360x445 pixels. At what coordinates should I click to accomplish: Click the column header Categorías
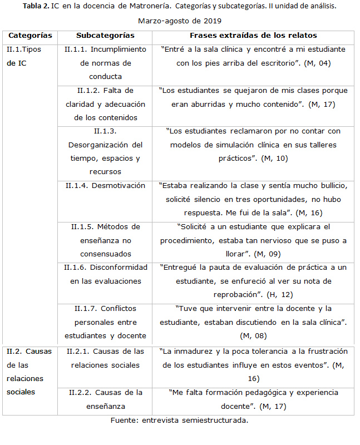click(31, 35)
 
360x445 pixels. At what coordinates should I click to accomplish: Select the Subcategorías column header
click(105, 35)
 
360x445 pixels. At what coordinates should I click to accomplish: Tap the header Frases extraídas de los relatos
click(253, 35)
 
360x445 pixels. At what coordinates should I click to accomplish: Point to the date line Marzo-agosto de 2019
click(179, 21)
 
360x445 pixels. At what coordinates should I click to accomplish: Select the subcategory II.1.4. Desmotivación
click(105, 185)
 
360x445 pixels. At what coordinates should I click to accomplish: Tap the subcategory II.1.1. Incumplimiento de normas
click(105, 63)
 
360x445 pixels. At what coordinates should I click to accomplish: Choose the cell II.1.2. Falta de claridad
click(105, 104)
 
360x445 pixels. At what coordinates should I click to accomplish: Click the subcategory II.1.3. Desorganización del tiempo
click(105, 151)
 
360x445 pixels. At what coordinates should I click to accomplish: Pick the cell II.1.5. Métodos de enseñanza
click(105, 240)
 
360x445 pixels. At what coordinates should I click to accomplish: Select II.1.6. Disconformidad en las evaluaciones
click(105, 274)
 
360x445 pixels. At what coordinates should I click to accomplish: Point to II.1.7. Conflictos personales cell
click(105, 322)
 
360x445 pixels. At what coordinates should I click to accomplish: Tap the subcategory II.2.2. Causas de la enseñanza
click(105, 399)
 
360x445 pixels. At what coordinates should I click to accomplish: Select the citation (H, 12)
click(280, 295)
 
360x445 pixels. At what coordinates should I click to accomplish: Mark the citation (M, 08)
click(253, 336)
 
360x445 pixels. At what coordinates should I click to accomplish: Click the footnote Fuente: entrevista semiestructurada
click(179, 420)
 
